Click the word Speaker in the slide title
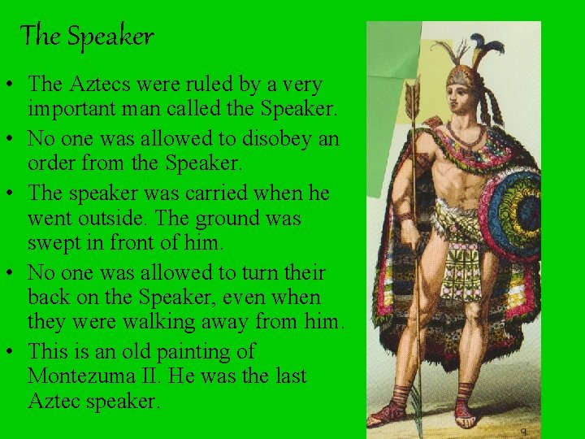pos(110,37)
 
